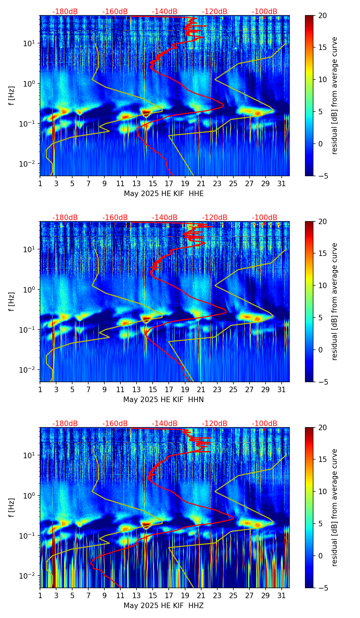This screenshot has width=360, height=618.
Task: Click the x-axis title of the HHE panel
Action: pyautogui.click(x=164, y=194)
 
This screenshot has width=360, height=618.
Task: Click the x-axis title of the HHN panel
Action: pyautogui.click(x=164, y=400)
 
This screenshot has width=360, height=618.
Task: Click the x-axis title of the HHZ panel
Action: pyautogui.click(x=164, y=606)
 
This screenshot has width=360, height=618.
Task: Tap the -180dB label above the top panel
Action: pyautogui.click(x=65, y=12)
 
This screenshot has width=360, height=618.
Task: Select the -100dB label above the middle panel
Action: pyautogui.click(x=265, y=218)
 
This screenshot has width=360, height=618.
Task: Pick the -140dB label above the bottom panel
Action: pyautogui.click(x=165, y=424)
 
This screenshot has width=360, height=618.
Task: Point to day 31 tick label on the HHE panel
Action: pyautogui.click(x=282, y=184)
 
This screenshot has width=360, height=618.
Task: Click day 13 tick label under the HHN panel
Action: pyautogui.click(x=137, y=390)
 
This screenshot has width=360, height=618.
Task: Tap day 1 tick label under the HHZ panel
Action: pyautogui.click(x=40, y=596)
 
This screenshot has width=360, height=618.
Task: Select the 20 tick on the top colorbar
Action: pyautogui.click(x=323, y=15)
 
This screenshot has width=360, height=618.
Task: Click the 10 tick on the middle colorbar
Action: pyautogui.click(x=323, y=285)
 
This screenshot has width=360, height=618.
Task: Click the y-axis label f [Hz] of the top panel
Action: pyautogui.click(x=12, y=96)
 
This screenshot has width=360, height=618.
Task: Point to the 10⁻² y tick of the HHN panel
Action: pyautogui.click(x=28, y=370)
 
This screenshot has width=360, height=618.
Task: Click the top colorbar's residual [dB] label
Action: pyautogui.click(x=335, y=96)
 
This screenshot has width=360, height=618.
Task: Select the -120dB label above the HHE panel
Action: pyautogui.click(x=215, y=12)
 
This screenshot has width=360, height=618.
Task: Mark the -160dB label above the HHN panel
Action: pyautogui.click(x=115, y=218)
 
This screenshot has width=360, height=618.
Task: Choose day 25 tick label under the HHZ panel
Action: pyautogui.click(x=233, y=596)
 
